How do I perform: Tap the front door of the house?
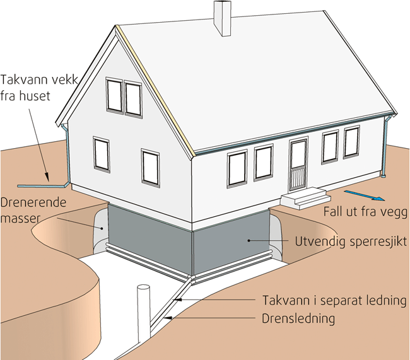point(298,166)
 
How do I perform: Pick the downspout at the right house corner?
point(386,148)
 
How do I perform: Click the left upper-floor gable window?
point(114,94)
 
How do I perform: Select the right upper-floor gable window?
point(133,98)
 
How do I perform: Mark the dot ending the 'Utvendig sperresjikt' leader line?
point(250,241)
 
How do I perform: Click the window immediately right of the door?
point(330,148)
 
